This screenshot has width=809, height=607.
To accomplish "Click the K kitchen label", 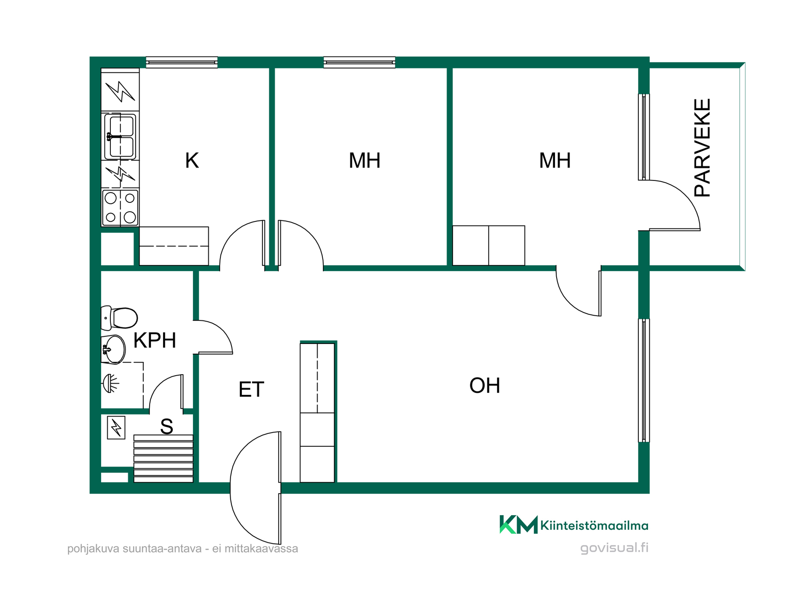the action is click(x=192, y=161).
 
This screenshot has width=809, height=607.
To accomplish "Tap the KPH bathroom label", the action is click(x=155, y=340).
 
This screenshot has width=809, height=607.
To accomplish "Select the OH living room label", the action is click(x=485, y=385).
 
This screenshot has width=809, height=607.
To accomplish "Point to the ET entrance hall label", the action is click(x=251, y=389).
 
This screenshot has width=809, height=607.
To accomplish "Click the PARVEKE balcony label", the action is click(x=702, y=148).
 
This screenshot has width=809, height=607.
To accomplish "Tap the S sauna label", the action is click(x=166, y=427).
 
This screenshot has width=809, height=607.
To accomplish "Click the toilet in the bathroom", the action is click(x=119, y=318).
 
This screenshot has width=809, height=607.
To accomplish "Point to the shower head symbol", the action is click(x=110, y=384).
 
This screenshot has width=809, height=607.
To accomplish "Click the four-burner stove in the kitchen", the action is click(x=120, y=208).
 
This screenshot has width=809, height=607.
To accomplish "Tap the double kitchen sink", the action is click(x=120, y=136).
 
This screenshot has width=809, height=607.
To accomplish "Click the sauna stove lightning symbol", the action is click(x=116, y=428).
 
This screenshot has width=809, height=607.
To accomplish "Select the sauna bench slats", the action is click(x=163, y=459).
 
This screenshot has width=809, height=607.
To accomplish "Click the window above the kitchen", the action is click(x=182, y=62).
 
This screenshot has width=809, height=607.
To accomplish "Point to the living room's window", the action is click(x=644, y=380).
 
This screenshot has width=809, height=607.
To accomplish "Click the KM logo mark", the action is click(x=518, y=524).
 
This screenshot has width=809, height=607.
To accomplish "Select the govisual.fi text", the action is click(x=614, y=548).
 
